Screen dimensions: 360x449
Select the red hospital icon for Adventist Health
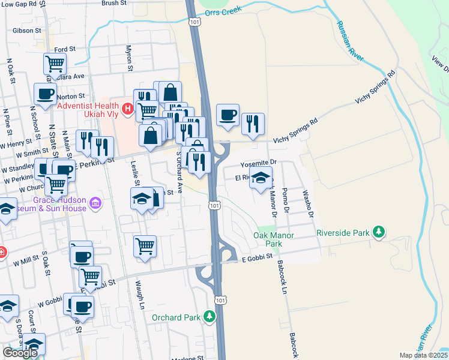[127, 109]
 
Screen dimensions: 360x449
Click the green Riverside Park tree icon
[378, 232]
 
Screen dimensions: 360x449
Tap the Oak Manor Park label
[274, 239]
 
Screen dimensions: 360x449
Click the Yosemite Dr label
[258, 163]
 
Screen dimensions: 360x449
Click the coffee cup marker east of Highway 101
[228, 115]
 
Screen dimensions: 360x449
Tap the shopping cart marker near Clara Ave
[55, 63]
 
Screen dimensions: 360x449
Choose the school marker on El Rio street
[261, 179]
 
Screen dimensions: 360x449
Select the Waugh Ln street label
[142, 295]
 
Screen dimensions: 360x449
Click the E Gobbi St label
[258, 256]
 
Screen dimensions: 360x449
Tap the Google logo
[20, 353]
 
